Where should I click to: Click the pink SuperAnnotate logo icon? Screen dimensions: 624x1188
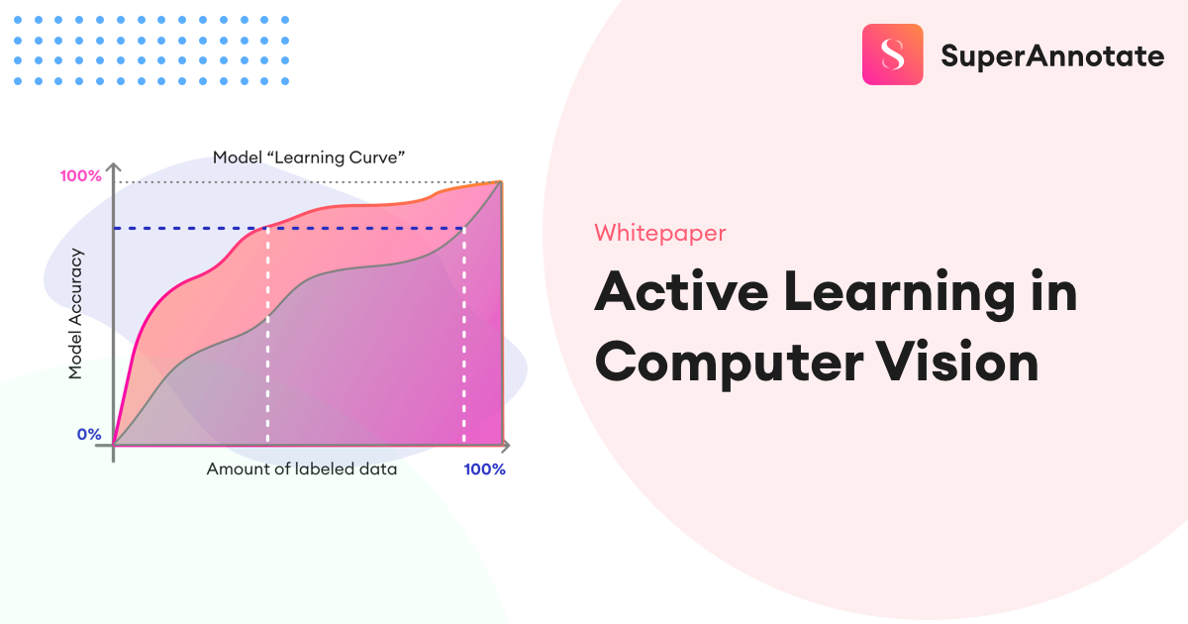tap(892, 54)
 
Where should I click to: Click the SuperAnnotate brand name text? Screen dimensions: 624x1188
tap(1051, 56)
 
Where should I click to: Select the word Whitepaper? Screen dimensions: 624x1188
tap(659, 233)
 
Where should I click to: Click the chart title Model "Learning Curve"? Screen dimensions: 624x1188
tap(310, 157)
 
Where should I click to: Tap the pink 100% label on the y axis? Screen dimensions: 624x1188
tap(80, 176)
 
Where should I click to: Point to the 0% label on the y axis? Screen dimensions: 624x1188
tap(89, 434)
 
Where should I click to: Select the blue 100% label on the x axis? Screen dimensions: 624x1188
tap(484, 469)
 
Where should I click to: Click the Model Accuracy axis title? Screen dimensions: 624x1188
tap(76, 314)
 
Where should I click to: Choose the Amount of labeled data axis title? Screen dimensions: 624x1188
tap(301, 469)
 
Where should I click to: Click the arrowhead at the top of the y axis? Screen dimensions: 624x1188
tap(115, 165)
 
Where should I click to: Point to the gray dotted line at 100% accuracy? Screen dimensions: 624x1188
tap(297, 182)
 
